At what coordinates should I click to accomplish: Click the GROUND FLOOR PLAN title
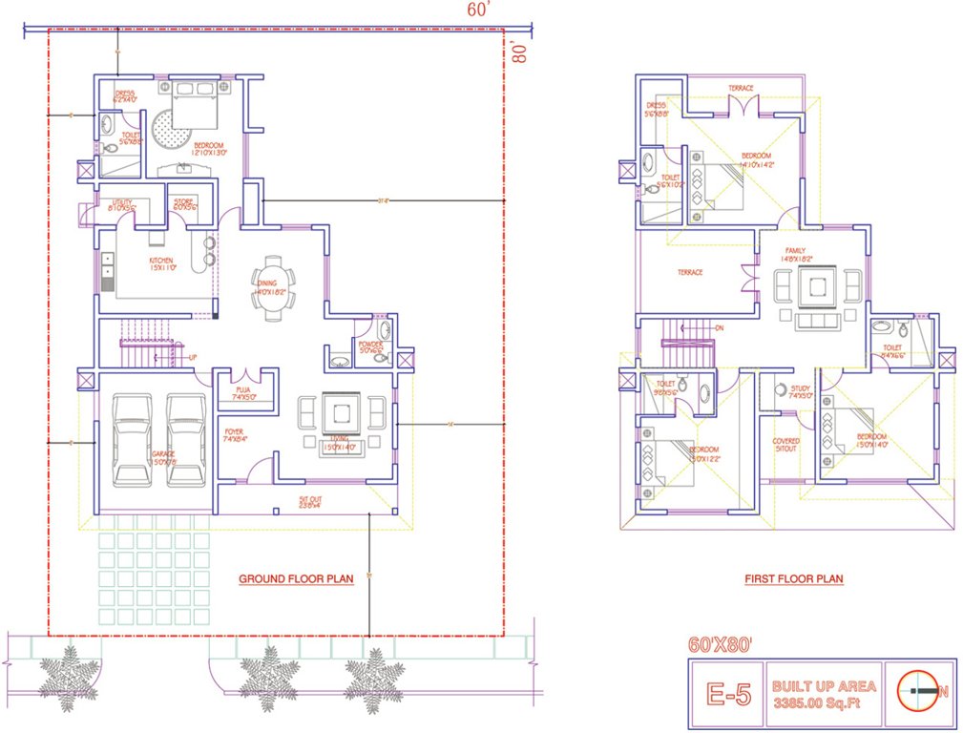296,578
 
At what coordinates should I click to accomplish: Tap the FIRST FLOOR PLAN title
793,578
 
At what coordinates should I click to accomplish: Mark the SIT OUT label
309,500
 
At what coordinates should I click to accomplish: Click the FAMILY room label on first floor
796,253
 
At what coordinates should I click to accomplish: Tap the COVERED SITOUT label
786,445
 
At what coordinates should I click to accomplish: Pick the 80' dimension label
518,51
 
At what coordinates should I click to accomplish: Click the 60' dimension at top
478,10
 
